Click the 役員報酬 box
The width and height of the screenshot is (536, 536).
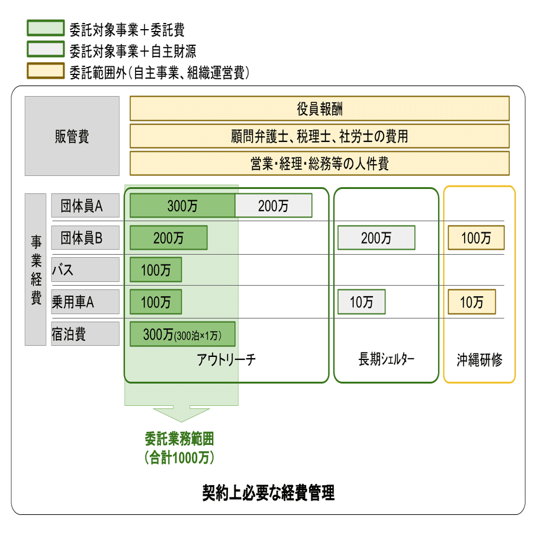319,108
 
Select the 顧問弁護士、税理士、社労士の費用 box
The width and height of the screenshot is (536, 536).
319,136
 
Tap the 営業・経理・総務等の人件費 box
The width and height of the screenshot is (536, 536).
319,164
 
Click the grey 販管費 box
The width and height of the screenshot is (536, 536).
72,136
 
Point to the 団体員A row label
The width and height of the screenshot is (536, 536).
85,206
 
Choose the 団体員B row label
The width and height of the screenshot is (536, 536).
85,237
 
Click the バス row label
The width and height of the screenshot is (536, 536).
85,270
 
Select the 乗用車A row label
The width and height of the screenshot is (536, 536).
85,302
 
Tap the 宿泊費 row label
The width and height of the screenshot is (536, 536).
85,334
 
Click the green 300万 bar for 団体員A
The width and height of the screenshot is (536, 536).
182,206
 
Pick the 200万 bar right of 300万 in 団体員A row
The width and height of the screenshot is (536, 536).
273,206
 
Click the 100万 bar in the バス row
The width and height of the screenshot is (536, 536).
156,270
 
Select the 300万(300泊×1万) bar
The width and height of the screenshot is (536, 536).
182,334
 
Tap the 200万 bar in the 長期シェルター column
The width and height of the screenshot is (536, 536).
376,237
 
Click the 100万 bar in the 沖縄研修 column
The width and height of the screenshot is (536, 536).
476,237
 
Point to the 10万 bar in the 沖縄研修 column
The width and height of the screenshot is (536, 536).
472,302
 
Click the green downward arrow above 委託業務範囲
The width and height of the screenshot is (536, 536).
181,413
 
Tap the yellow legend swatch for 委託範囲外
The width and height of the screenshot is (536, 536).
45,71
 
